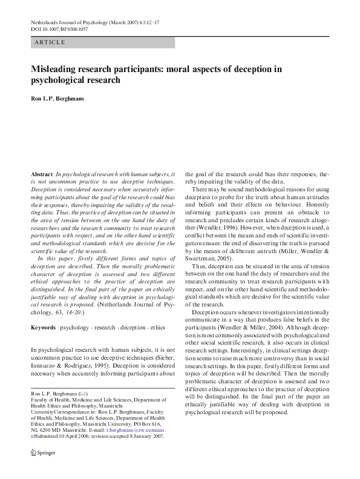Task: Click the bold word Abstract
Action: [x=41, y=173]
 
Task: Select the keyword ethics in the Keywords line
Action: [x=161, y=327]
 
